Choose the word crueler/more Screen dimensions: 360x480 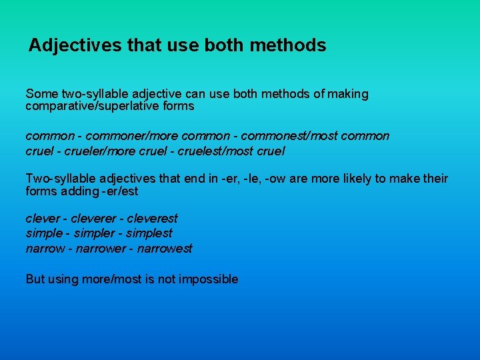coord(95,151)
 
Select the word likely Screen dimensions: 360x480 coord(345,179)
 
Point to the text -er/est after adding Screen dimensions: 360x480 coord(121,191)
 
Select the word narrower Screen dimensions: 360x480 coord(101,249)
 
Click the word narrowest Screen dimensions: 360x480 coord(166,249)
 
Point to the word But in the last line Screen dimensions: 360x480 coord(35,279)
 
